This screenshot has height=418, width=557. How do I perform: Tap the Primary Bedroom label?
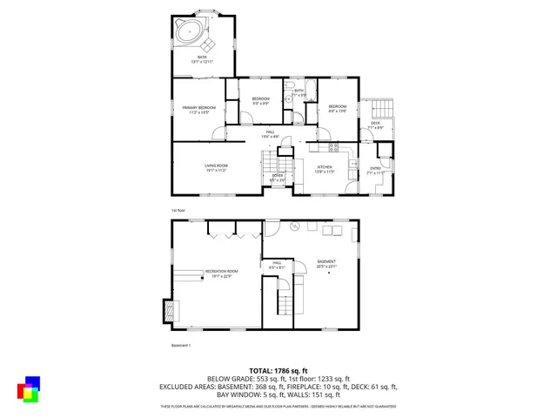[x=198, y=109]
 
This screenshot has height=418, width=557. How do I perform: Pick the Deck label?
[x=375, y=124]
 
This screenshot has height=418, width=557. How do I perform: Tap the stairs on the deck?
[x=381, y=108]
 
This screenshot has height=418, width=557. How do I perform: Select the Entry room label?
[x=375, y=170]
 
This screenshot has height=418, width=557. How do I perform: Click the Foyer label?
[x=277, y=177]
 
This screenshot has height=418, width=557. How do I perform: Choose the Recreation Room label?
[x=222, y=273]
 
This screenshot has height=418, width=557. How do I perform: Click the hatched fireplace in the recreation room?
[x=168, y=310]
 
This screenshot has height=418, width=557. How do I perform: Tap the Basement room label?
[x=326, y=262]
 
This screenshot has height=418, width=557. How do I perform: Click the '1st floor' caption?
[x=178, y=210]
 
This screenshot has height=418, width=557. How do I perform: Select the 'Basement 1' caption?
[x=180, y=345]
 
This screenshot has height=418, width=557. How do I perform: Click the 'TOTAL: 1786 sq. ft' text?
[x=278, y=370]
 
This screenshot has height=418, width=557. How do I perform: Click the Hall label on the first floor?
[x=271, y=133]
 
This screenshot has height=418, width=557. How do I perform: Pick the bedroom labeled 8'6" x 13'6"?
[x=338, y=108]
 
